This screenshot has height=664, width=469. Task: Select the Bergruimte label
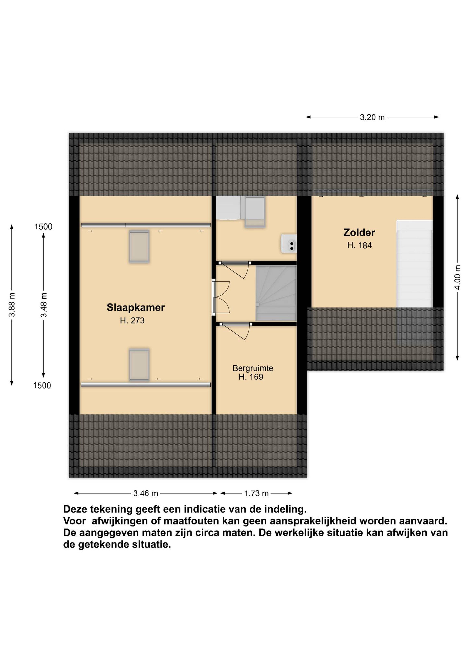pos(253,368)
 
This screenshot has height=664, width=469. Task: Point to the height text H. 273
pos(132,320)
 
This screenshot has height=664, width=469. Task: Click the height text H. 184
pos(359,246)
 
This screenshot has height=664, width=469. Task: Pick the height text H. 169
pos(251,377)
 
